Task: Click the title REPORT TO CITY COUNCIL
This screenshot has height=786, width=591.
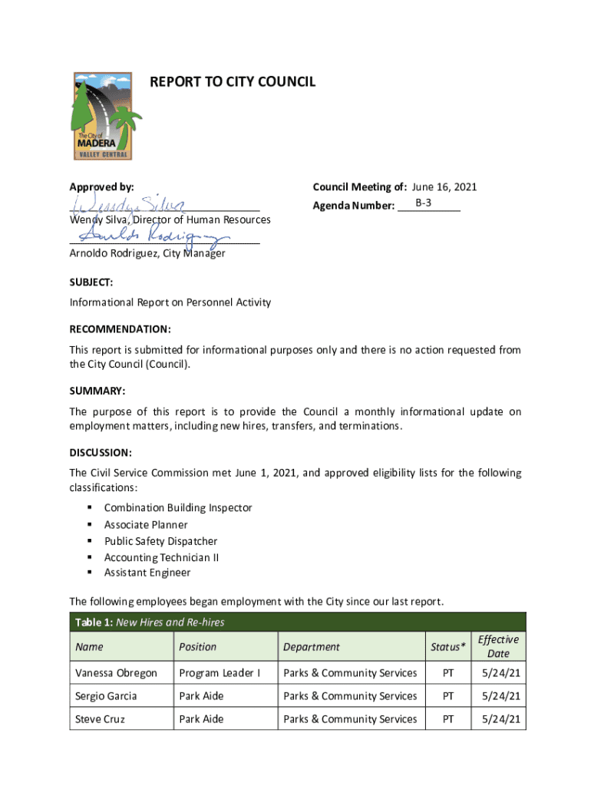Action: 232,81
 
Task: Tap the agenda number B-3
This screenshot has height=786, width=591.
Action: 428,203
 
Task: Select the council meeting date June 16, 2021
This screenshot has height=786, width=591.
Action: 444,187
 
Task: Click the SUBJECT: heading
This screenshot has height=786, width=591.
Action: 91,282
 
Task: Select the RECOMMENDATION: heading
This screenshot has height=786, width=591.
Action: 121,329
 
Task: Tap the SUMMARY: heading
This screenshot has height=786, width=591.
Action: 97,391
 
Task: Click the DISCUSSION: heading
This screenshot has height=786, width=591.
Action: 101,452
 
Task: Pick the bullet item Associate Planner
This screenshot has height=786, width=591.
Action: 146,525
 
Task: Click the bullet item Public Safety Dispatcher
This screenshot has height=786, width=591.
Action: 160,541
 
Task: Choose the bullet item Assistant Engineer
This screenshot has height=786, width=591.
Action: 147,573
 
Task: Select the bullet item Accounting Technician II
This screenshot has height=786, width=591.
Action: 161,557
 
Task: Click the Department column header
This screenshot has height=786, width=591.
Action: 311,647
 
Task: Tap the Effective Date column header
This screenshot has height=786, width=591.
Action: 498,646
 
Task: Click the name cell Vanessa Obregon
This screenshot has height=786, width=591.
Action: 116,673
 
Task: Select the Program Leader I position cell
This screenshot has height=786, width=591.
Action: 220,673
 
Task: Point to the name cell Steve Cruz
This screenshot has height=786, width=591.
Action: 100,719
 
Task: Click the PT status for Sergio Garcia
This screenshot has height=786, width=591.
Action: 448,696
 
